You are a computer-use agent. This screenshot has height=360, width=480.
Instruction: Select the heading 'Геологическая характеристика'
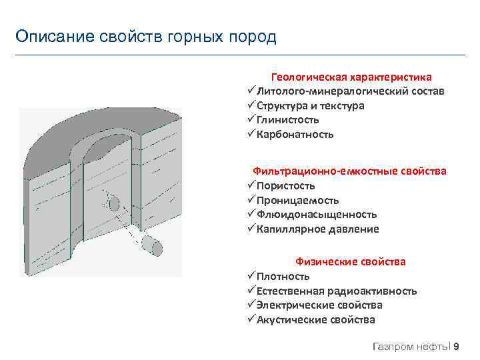(x=351, y=77)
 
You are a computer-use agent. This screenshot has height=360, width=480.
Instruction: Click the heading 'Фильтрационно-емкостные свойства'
(x=349, y=171)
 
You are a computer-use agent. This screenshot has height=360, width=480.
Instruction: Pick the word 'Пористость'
(x=286, y=186)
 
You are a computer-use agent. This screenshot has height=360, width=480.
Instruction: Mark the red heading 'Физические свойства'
(x=350, y=262)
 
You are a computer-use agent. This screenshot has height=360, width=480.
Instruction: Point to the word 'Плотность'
(x=283, y=277)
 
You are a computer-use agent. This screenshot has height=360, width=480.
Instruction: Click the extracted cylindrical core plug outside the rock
(x=153, y=244)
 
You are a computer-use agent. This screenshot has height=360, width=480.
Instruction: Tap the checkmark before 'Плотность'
(x=251, y=276)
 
